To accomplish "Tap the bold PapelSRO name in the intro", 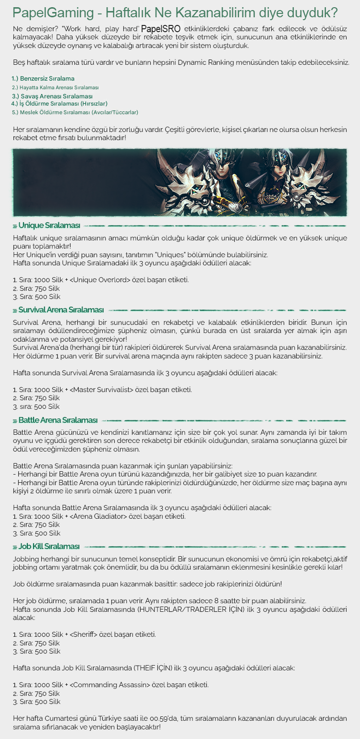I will pyautogui.click(x=161, y=30).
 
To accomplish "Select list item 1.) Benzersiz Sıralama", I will pyautogui.click(x=43, y=78).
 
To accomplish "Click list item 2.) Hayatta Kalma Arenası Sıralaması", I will pyautogui.click(x=55, y=87).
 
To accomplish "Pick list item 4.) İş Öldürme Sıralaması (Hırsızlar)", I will pyautogui.click(x=59, y=103).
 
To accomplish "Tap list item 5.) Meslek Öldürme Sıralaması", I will pyautogui.click(x=75, y=112).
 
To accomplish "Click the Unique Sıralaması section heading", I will pyautogui.click(x=49, y=226).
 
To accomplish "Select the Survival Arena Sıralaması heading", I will pyautogui.click(x=61, y=310).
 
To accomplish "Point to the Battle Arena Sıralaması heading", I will pyautogui.click(x=58, y=420).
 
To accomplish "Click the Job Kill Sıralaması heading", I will pyautogui.click(x=49, y=547).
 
